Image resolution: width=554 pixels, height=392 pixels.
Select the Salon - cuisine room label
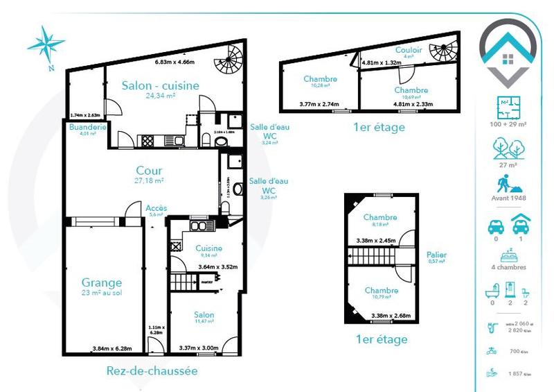pyautogui.click(x=161, y=85)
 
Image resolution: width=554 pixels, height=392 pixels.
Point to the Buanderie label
pyautogui.click(x=87, y=128)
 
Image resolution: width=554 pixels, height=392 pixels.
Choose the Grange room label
pyautogui.click(x=102, y=282)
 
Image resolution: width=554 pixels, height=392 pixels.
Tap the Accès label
pyautogui.click(x=156, y=207)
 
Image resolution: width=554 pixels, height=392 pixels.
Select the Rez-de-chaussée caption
pyautogui.click(x=152, y=370)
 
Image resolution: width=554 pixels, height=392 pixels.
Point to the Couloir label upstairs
pyautogui.click(x=409, y=50)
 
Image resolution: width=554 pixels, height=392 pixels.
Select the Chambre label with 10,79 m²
pyautogui.click(x=381, y=290)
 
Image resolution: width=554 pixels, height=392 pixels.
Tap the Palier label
pyautogui.click(x=437, y=255)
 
